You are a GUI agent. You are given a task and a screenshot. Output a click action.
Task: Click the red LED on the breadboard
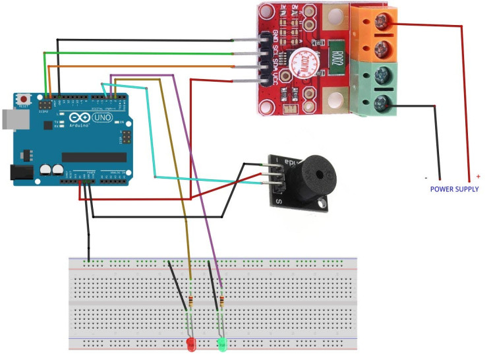click(191, 344)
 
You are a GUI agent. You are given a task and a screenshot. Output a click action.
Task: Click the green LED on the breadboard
click(223, 344)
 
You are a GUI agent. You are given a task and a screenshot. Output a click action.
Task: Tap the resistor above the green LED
click(221, 302)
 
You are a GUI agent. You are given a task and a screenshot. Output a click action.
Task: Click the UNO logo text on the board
click(103, 117)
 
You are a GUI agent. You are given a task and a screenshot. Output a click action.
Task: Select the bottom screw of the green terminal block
click(381, 101)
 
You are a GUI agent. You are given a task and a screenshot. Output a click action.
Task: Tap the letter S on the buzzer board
click(279, 200)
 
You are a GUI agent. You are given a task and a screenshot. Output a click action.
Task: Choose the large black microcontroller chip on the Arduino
click(94, 157)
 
